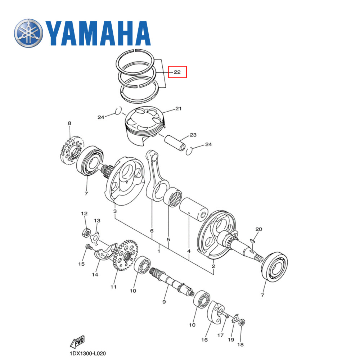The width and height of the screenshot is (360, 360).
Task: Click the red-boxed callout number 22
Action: (177, 72)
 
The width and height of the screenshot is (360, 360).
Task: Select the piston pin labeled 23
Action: (175, 143)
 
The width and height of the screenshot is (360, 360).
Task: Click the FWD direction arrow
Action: (77, 342)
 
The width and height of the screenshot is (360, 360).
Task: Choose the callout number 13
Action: (97, 221)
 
